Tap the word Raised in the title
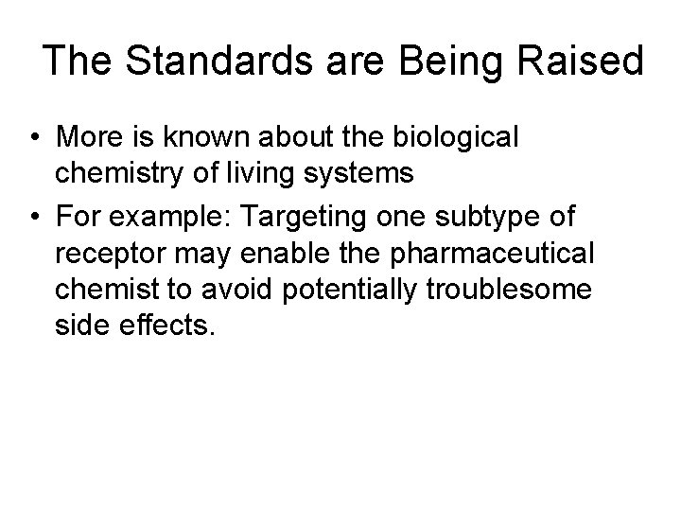point(585,61)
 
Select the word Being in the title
point(444,61)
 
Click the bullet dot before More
point(33,137)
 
